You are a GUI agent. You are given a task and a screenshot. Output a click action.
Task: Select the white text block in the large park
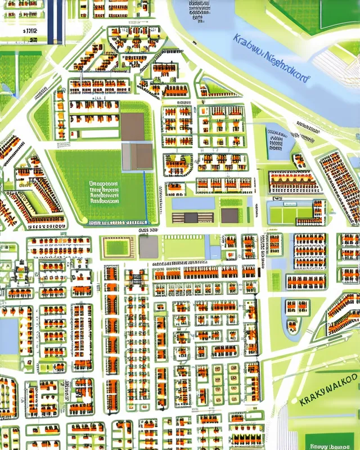click(104, 192)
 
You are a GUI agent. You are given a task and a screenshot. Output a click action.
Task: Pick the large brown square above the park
click(133, 127)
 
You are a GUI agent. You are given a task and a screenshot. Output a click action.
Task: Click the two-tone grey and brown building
click(138, 156)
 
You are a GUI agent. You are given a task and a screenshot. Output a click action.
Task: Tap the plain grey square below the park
click(148, 247)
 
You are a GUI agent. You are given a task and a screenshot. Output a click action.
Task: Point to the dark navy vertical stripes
click(55, 21)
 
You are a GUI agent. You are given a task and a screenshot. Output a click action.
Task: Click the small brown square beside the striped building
click(229, 216)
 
